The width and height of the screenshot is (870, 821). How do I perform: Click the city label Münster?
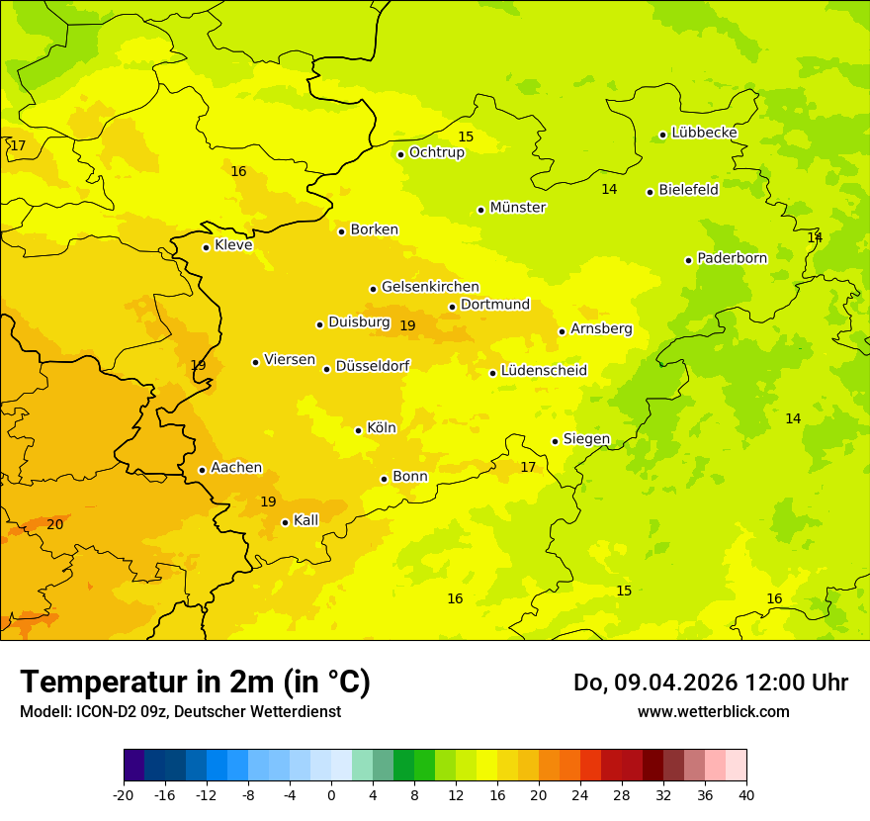(x=517, y=208)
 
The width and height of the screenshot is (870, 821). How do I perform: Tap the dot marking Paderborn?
(x=689, y=260)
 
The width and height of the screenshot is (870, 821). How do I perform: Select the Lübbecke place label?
(x=704, y=133)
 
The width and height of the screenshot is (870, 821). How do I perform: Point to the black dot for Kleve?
(x=206, y=247)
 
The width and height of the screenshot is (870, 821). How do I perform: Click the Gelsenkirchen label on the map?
(x=430, y=287)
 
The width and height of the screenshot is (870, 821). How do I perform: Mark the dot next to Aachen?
(x=202, y=470)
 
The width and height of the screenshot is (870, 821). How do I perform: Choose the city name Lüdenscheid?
(x=544, y=371)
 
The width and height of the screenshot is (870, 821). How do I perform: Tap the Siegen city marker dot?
(x=556, y=441)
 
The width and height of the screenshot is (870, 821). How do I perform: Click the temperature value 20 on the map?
(x=55, y=524)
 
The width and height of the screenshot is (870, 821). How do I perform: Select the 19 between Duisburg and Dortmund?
(x=407, y=325)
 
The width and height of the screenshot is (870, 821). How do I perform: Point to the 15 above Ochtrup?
(x=466, y=137)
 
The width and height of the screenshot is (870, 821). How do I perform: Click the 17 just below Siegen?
(x=528, y=467)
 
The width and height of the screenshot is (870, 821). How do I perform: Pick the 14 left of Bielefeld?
(x=609, y=189)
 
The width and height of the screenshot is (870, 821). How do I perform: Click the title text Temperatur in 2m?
(x=148, y=682)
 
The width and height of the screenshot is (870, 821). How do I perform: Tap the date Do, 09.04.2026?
(x=656, y=683)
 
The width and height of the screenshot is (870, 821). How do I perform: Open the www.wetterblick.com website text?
(x=713, y=711)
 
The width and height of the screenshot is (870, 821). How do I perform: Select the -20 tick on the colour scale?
(x=124, y=794)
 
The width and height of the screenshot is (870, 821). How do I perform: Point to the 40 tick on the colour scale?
(x=746, y=794)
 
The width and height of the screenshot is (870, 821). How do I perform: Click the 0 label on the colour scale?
(x=331, y=794)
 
